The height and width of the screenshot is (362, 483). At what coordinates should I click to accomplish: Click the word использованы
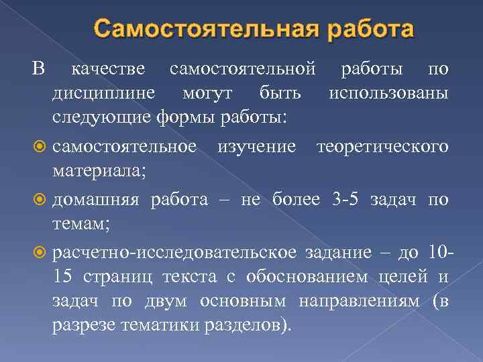(388, 93)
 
